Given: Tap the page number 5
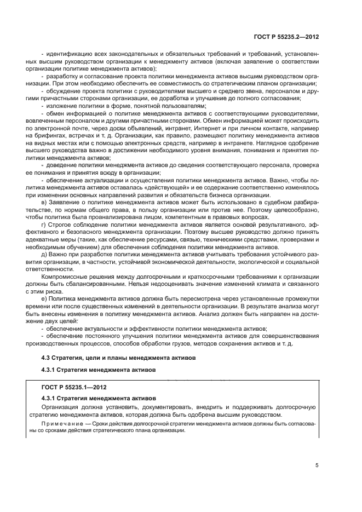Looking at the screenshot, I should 317,465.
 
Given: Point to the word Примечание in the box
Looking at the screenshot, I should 61,423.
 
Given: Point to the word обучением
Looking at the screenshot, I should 87,246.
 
